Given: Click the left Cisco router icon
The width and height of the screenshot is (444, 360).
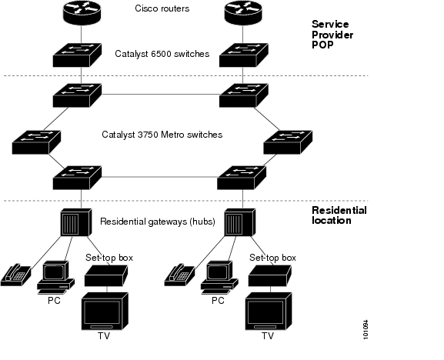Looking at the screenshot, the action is click(82, 12).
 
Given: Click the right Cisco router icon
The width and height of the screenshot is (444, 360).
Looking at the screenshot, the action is click(243, 12).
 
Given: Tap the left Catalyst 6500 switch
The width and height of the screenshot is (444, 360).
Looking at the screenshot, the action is click(77, 55).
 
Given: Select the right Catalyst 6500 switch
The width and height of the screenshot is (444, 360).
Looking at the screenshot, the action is click(243, 55).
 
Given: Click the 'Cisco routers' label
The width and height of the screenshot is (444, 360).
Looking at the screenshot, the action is click(162, 8).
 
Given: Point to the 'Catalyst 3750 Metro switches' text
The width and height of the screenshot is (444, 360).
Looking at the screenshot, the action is click(162, 135).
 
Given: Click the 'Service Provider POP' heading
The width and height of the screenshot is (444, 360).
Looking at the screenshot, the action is click(332, 35).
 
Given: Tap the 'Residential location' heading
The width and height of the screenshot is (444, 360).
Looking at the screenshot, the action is click(339, 215).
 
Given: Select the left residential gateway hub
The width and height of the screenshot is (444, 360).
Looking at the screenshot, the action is click(76, 222).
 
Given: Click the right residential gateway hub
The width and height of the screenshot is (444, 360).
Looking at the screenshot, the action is click(240, 222).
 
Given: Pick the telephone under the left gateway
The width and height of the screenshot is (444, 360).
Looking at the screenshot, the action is click(16, 275).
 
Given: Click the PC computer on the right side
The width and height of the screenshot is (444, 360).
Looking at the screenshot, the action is click(219, 278).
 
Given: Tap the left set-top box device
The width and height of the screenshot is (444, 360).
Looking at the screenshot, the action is click(106, 275).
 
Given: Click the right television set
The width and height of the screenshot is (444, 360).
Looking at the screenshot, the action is click(269, 312).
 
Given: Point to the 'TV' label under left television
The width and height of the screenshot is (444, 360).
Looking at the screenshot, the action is click(104, 336).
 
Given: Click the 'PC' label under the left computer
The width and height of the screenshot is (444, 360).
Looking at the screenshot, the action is click(54, 301).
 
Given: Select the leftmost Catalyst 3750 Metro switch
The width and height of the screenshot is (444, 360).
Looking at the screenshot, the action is click(36, 142).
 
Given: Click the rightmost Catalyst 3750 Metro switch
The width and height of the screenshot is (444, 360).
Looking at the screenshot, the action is click(288, 142).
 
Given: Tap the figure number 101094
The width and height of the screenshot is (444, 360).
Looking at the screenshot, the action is click(366, 329).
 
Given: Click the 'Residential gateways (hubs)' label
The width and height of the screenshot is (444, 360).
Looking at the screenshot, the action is click(158, 222).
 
